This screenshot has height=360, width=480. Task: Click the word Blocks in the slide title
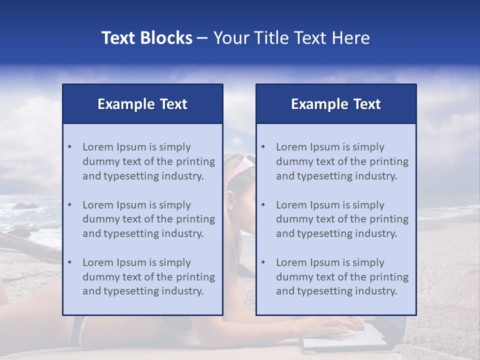click(x=165, y=38)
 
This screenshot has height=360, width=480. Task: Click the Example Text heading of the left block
click(x=142, y=104)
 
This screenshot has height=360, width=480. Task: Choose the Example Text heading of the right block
click(x=336, y=104)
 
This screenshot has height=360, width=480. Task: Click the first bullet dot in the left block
click(x=69, y=147)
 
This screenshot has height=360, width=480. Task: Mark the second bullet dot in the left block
click(x=69, y=205)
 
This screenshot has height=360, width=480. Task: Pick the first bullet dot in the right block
click(x=263, y=147)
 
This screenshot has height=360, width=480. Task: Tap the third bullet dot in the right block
click(x=263, y=262)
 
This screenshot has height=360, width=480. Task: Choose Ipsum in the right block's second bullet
click(x=326, y=205)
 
